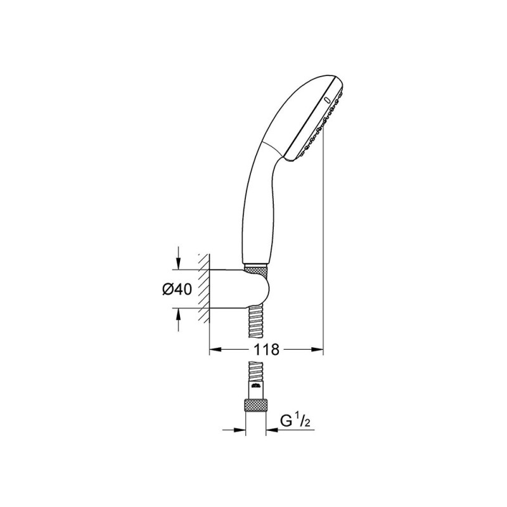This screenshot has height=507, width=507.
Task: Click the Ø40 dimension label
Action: pyautogui.click(x=177, y=289)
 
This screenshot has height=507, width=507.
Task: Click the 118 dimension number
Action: pyautogui.click(x=266, y=349)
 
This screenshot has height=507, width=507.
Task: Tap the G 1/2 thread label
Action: pyautogui.click(x=295, y=421)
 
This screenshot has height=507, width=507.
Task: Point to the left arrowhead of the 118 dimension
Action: pyautogui.click(x=215, y=349)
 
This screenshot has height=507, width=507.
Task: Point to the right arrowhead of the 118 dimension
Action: pyautogui.click(x=318, y=349)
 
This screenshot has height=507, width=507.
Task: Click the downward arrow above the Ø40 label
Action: pyautogui.click(x=178, y=258)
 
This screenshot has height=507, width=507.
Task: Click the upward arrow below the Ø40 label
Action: pyautogui.click(x=178, y=319)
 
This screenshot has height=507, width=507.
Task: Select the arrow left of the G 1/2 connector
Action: pyautogui.click(x=234, y=430)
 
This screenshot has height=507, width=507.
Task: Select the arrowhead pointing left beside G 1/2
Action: pyautogui.click(x=272, y=430)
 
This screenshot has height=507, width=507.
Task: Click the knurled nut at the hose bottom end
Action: pyautogui.click(x=255, y=404)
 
